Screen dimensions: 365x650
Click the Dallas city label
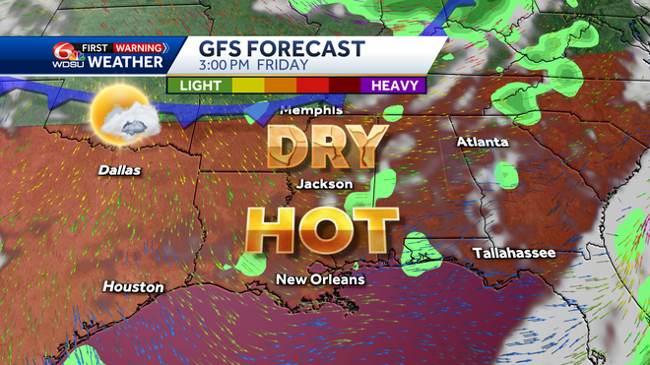pyautogui.click(x=119, y=170)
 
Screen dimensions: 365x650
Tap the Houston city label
pyautogui.click(x=134, y=287)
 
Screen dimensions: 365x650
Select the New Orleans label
pyautogui.click(x=320, y=279)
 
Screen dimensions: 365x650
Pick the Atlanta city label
pyautogui.click(x=482, y=143)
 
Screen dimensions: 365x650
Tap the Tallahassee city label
pyautogui.click(x=513, y=253)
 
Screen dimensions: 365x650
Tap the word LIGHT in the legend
pyautogui.click(x=200, y=86)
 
